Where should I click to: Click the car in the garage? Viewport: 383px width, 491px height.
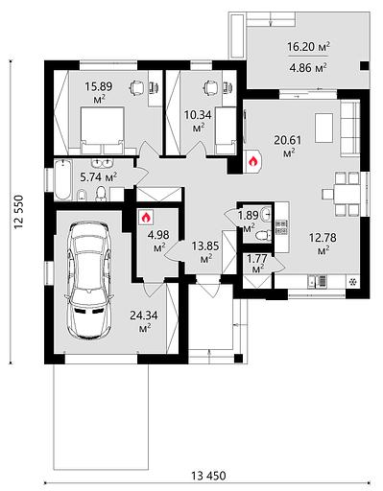click(x=89, y=280)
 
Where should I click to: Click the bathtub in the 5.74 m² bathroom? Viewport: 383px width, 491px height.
click(x=62, y=179)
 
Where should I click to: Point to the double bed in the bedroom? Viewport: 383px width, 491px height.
click(x=102, y=130)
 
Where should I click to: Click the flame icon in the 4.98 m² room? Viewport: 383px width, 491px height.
click(x=146, y=217)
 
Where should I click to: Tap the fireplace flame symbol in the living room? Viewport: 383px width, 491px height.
click(x=252, y=161)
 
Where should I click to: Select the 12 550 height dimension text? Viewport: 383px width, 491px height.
click(x=18, y=212)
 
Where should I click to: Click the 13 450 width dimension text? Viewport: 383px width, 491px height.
click(x=208, y=476)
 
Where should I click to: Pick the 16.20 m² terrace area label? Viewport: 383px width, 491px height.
click(x=308, y=47)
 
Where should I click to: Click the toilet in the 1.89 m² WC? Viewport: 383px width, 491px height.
click(x=264, y=236)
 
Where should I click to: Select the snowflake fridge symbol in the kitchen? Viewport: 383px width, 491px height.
click(x=352, y=282)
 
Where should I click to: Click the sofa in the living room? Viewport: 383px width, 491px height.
click(x=349, y=129)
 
